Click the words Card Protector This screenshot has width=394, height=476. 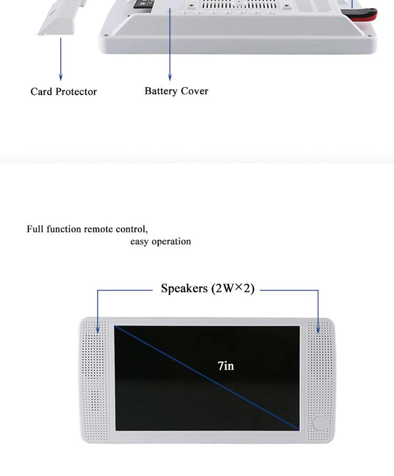click(x=63, y=92)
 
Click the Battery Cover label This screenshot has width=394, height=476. click(x=176, y=91)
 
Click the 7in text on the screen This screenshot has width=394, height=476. click(x=226, y=366)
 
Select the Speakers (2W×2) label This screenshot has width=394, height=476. click(x=208, y=288)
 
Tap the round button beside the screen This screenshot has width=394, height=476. click(x=320, y=423)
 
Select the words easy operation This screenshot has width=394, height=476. click(x=160, y=242)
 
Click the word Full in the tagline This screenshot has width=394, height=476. click(x=35, y=229)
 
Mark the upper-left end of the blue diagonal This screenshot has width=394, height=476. click(x=115, y=327)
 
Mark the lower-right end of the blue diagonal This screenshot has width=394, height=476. click(x=298, y=429)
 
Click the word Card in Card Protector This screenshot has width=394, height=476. click(x=41, y=92)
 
